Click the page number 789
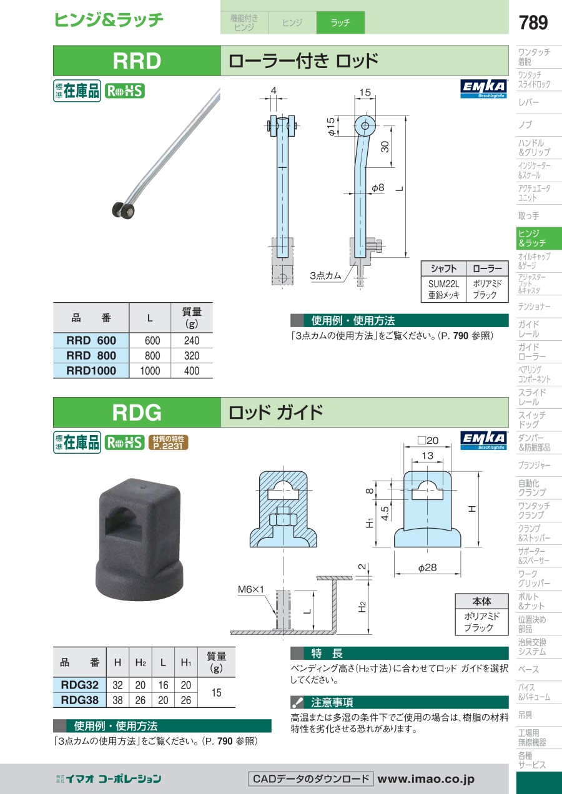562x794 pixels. click(x=533, y=22)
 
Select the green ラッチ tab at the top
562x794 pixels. click(x=340, y=22)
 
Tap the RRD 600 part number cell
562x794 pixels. click(x=91, y=340)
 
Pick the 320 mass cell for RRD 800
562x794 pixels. click(x=192, y=356)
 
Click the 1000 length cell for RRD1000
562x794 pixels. click(x=150, y=371)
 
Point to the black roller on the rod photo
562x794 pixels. click(x=123, y=210)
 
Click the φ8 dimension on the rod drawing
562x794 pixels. click(x=378, y=187)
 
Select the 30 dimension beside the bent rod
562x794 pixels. click(x=385, y=147)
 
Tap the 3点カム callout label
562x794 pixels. click(x=325, y=275)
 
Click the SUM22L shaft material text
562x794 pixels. click(x=443, y=283)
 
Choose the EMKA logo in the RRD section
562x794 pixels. click(x=484, y=89)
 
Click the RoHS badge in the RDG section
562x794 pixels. click(x=125, y=443)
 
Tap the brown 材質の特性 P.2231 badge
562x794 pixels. click(x=168, y=443)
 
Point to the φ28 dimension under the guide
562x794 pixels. click(x=427, y=567)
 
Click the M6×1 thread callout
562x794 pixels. click(x=250, y=589)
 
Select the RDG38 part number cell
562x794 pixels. click(x=80, y=700)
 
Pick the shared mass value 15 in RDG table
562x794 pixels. click(x=216, y=692)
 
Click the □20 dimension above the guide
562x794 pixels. click(x=428, y=440)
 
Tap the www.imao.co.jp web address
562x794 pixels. click(x=426, y=779)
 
